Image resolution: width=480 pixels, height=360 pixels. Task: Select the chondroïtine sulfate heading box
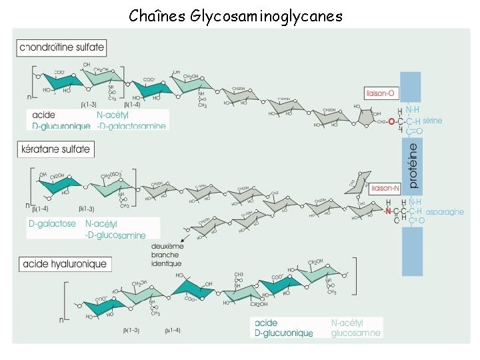[62, 47]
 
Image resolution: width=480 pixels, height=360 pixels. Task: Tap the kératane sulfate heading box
[55, 149]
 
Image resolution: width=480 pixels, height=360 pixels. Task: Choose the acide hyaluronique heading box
[64, 264]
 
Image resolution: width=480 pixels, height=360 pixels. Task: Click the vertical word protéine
[413, 164]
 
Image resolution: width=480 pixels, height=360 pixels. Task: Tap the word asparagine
[445, 211]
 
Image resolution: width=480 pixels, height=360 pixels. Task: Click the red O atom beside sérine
[391, 121]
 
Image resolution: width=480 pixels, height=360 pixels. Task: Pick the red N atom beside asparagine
[388, 211]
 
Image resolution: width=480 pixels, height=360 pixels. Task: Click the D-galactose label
[52, 224]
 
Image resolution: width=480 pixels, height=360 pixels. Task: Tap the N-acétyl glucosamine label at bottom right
[356, 328]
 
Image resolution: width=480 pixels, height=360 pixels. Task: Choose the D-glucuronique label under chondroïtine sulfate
[61, 126]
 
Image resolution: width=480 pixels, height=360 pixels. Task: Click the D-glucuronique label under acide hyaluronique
[284, 333]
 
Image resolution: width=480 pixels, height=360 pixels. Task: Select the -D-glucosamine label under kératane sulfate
[115, 235]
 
